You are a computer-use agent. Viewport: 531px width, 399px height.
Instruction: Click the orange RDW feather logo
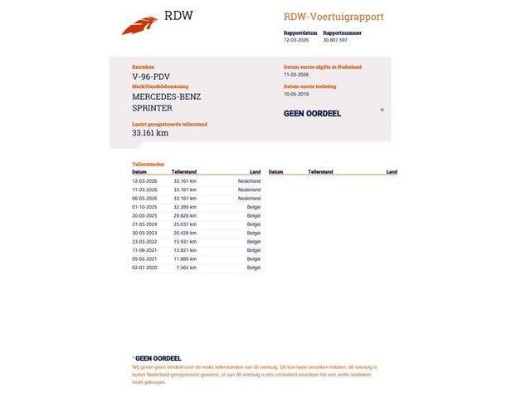click(139, 26)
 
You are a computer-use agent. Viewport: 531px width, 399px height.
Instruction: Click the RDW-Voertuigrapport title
click(334, 17)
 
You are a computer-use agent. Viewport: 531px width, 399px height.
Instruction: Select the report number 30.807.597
click(335, 40)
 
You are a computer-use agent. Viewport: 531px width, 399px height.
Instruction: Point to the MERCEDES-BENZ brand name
click(166, 96)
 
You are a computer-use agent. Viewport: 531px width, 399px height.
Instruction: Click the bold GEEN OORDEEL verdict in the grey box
click(312, 114)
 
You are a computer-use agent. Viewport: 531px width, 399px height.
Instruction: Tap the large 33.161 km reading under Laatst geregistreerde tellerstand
click(150, 132)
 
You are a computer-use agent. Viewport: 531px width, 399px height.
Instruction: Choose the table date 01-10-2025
click(144, 206)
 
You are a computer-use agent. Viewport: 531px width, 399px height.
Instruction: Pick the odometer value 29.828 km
click(185, 215)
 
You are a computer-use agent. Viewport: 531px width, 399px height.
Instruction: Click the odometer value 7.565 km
click(187, 268)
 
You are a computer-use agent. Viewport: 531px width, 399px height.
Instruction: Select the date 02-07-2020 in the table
click(144, 268)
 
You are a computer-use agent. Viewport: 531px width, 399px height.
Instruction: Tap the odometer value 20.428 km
click(185, 233)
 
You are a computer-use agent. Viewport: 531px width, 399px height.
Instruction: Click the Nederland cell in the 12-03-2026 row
click(249, 180)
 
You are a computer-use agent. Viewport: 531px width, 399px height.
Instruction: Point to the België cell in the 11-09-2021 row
click(253, 250)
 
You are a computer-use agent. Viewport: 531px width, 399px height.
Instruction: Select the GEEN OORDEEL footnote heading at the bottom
click(158, 358)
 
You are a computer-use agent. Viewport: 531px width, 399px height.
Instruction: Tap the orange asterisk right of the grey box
click(382, 110)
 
